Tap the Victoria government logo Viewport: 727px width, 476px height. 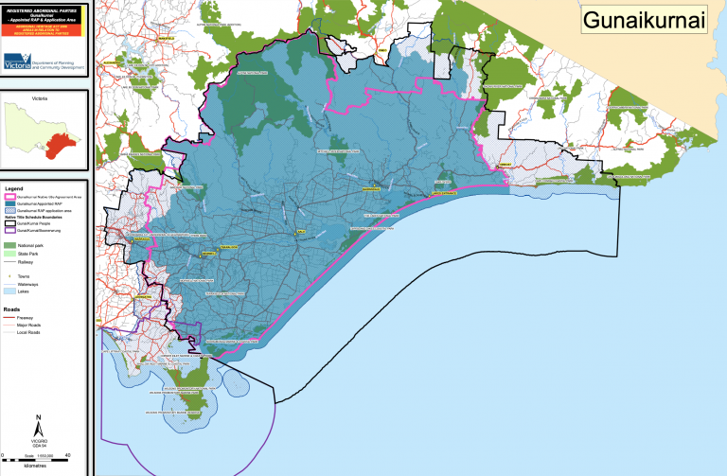17,63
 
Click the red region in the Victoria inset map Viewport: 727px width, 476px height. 58,145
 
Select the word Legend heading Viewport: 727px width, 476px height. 20,188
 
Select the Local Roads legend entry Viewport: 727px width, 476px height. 29,333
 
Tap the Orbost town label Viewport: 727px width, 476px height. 505,164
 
